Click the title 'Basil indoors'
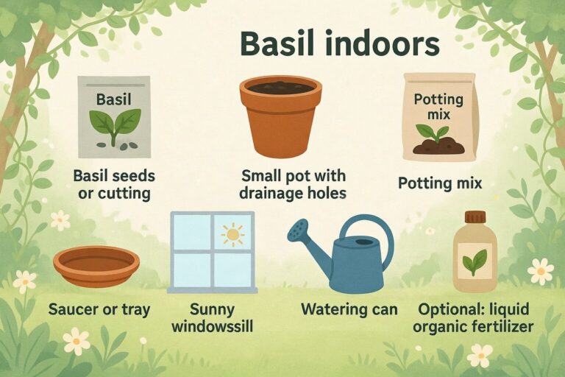tap(340, 45)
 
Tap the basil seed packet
tap(114, 118)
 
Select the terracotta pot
tap(280, 118)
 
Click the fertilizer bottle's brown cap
tap(475, 216)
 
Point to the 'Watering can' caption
tap(349, 309)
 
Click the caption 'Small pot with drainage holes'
tap(294, 186)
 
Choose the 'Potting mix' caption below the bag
tap(440, 181)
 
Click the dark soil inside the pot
tap(280, 88)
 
